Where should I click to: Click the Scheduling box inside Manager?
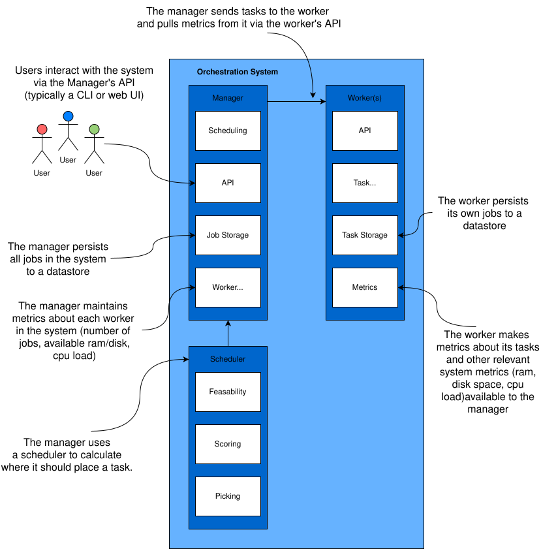(x=228, y=131)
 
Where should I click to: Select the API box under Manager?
(x=228, y=183)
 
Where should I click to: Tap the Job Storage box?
(x=228, y=235)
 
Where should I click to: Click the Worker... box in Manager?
(x=228, y=287)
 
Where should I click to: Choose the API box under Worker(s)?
(x=365, y=131)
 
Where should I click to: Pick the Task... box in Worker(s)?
(x=365, y=183)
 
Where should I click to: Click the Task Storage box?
(x=365, y=235)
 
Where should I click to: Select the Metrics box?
(x=365, y=287)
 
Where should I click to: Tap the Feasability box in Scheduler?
(x=228, y=392)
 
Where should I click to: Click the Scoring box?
(x=228, y=444)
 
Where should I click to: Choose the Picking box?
(x=228, y=496)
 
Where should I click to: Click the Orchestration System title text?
(x=238, y=72)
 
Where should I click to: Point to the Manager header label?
(x=228, y=98)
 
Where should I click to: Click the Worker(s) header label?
(x=365, y=98)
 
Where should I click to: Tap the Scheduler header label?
(x=228, y=359)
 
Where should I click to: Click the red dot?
(x=42, y=129)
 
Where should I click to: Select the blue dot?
(x=68, y=116)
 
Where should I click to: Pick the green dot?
(x=94, y=129)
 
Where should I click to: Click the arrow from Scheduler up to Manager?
(x=228, y=334)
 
